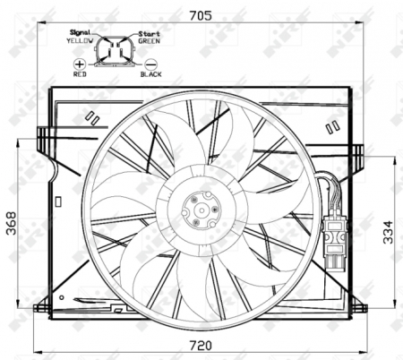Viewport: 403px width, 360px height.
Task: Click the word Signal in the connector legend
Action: [81, 32]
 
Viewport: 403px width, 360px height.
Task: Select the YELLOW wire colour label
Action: [81, 40]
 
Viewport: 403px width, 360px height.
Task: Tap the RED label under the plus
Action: [80, 76]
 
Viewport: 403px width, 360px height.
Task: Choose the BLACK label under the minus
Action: [150, 76]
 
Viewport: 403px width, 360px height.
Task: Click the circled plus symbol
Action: [80, 65]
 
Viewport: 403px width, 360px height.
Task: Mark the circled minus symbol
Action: [150, 65]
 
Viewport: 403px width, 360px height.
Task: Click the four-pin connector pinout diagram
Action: [116, 51]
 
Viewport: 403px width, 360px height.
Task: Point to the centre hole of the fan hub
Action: [198, 211]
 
